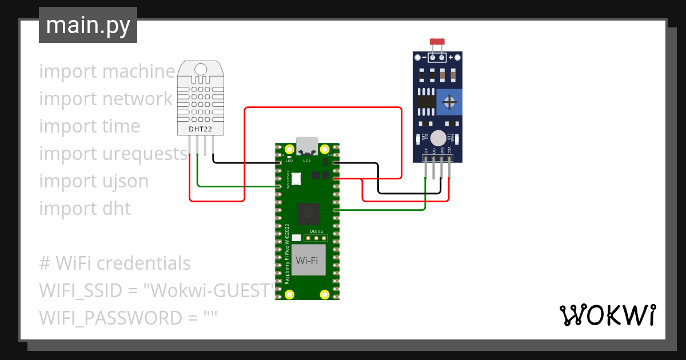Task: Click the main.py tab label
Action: tap(87, 25)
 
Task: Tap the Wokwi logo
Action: tap(607, 315)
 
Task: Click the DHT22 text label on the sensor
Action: tap(201, 130)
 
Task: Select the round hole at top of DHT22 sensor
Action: tap(201, 70)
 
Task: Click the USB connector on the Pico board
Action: tap(308, 146)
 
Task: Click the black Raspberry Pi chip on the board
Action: tap(309, 214)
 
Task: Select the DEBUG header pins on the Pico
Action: tap(316, 237)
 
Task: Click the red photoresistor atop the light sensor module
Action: tap(437, 42)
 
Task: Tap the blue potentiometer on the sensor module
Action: tap(449, 102)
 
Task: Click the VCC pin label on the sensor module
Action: tap(450, 151)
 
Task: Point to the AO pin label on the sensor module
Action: tap(426, 151)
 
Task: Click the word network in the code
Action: tap(137, 99)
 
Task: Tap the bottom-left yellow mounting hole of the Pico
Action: tap(290, 294)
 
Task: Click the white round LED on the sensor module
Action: tap(438, 138)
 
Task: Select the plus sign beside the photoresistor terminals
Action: tap(450, 57)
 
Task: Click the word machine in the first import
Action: tap(139, 71)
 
